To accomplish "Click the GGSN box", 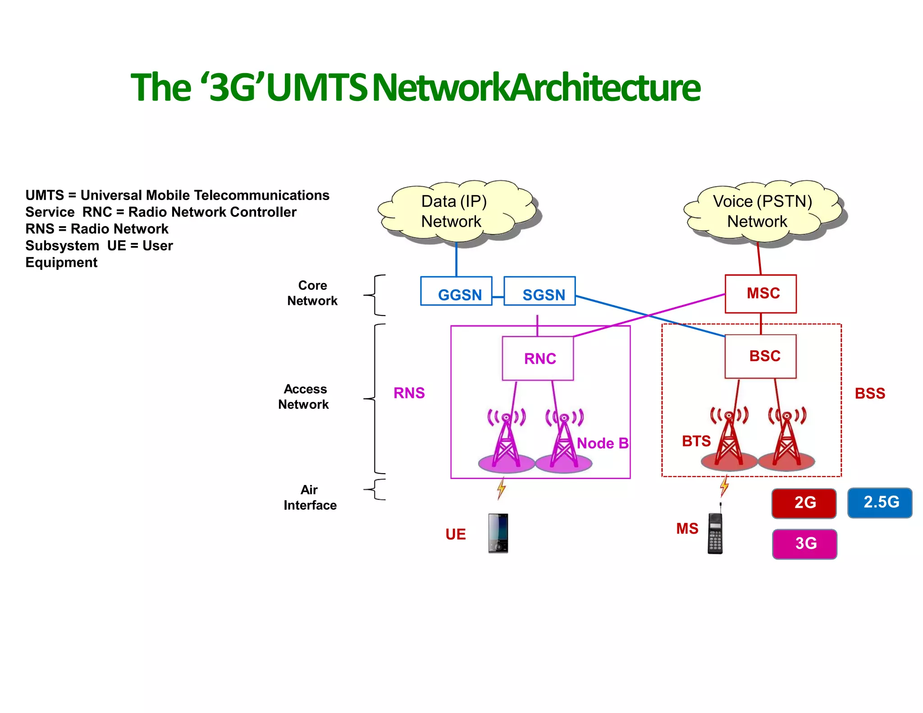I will [x=456, y=292].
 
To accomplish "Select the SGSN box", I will [x=539, y=292].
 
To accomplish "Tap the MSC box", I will [x=761, y=294].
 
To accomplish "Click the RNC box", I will [x=538, y=358].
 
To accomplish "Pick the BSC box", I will [x=761, y=356].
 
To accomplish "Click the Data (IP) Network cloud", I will [x=455, y=212].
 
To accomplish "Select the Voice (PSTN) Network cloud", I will [x=762, y=212].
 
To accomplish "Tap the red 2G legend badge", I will [x=804, y=503].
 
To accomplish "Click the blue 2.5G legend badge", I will [x=880, y=503].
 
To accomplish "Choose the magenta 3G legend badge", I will [x=804, y=544].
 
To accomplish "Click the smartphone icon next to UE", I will [x=498, y=533].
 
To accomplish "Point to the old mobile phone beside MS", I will [x=715, y=532].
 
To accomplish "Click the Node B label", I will [x=603, y=443].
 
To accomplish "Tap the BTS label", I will [x=696, y=441].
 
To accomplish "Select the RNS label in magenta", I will [x=409, y=393].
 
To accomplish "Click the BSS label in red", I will [x=870, y=393].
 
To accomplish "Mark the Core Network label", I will [x=312, y=293].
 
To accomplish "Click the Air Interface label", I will [x=310, y=498].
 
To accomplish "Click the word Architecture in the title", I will [x=606, y=87].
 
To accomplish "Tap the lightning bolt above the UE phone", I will [x=501, y=489].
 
